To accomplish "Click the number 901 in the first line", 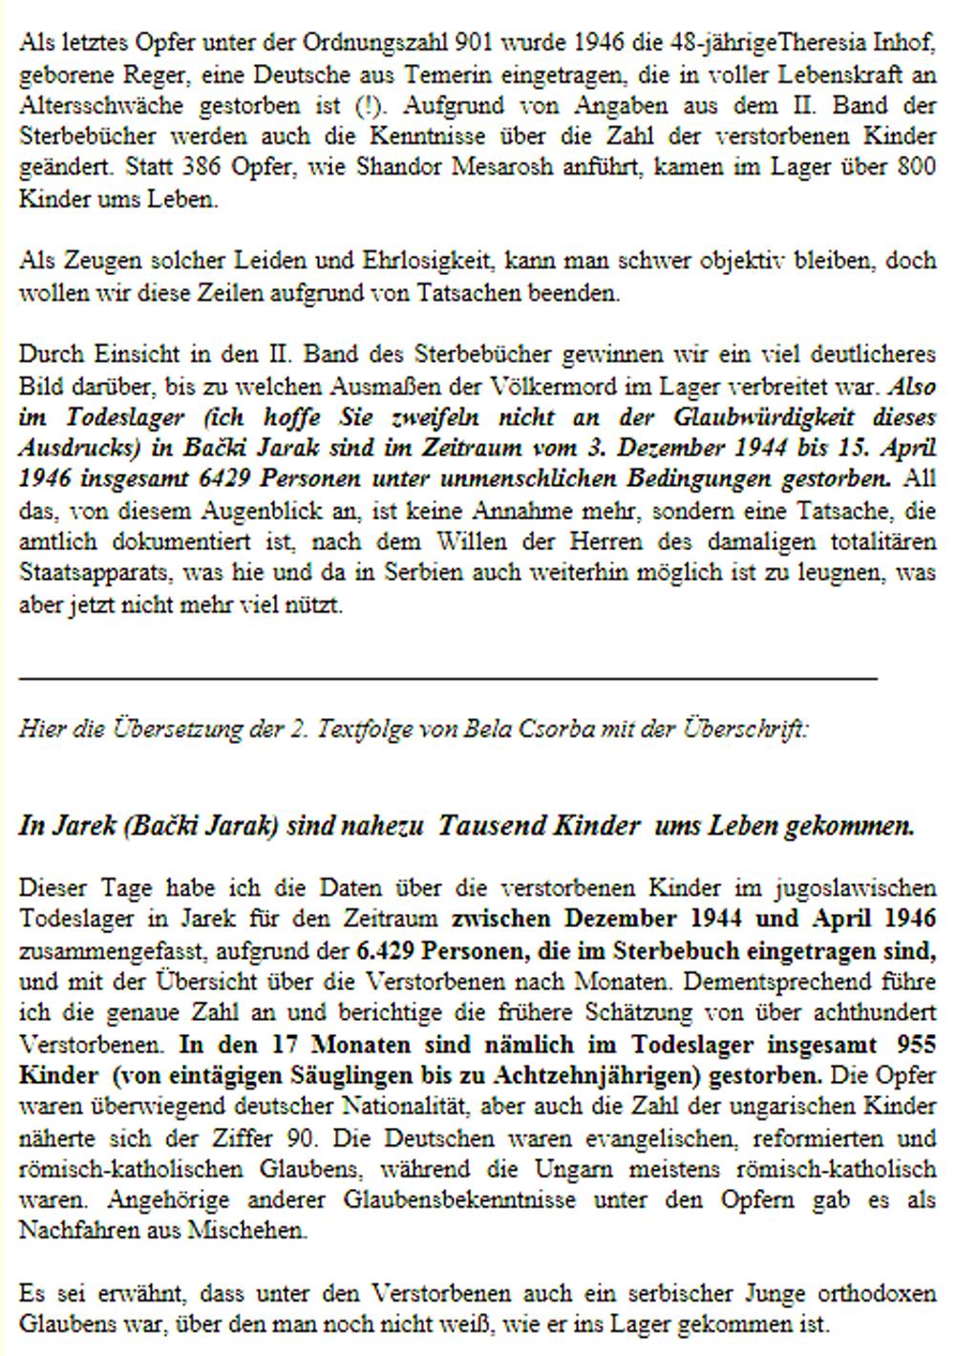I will point(475,42).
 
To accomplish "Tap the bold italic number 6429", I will point(223,479).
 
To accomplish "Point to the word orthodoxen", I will point(877,1294).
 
